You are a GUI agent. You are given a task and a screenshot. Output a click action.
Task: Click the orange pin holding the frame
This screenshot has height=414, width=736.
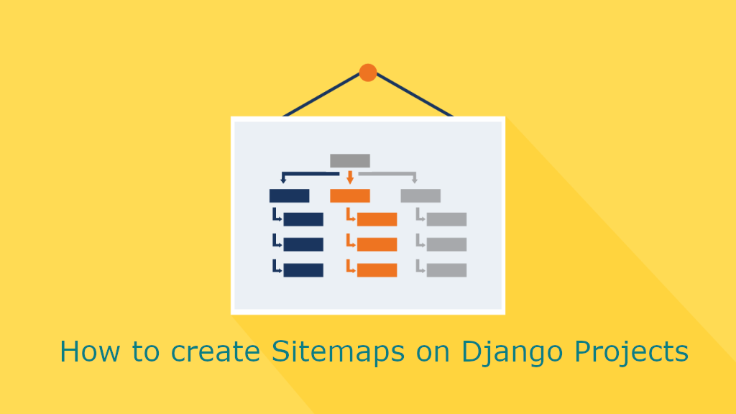(x=368, y=73)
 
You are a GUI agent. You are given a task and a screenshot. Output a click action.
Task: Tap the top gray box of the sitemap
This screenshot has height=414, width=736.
(x=350, y=160)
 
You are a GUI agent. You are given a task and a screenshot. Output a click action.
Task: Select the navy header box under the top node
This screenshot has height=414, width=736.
(x=289, y=195)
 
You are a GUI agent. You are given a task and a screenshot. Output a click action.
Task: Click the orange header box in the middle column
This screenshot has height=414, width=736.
(x=350, y=195)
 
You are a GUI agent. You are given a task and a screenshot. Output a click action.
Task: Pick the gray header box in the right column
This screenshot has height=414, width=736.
(x=420, y=195)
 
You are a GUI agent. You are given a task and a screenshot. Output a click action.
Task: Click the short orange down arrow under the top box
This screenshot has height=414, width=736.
(x=350, y=178)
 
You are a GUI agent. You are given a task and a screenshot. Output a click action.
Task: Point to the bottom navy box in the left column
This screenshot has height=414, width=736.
(x=303, y=270)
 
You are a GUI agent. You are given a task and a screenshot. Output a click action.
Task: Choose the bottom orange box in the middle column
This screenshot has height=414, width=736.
(x=377, y=270)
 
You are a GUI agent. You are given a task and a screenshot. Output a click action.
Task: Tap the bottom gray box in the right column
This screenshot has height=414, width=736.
(x=446, y=270)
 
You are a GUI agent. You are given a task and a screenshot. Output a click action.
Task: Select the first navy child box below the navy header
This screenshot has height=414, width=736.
(x=303, y=219)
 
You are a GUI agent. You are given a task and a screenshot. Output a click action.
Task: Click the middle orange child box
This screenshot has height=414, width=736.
(x=377, y=244)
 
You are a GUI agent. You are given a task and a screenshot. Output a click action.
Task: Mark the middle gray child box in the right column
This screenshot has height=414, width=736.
(x=446, y=244)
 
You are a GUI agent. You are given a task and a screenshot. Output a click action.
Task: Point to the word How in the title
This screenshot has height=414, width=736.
(x=90, y=351)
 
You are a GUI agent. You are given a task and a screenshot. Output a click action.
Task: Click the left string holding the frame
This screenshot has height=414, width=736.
(x=322, y=94)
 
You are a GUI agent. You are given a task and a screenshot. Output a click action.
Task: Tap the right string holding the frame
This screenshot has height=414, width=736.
(x=415, y=94)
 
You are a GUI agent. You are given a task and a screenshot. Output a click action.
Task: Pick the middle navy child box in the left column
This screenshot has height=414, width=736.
(x=303, y=244)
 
